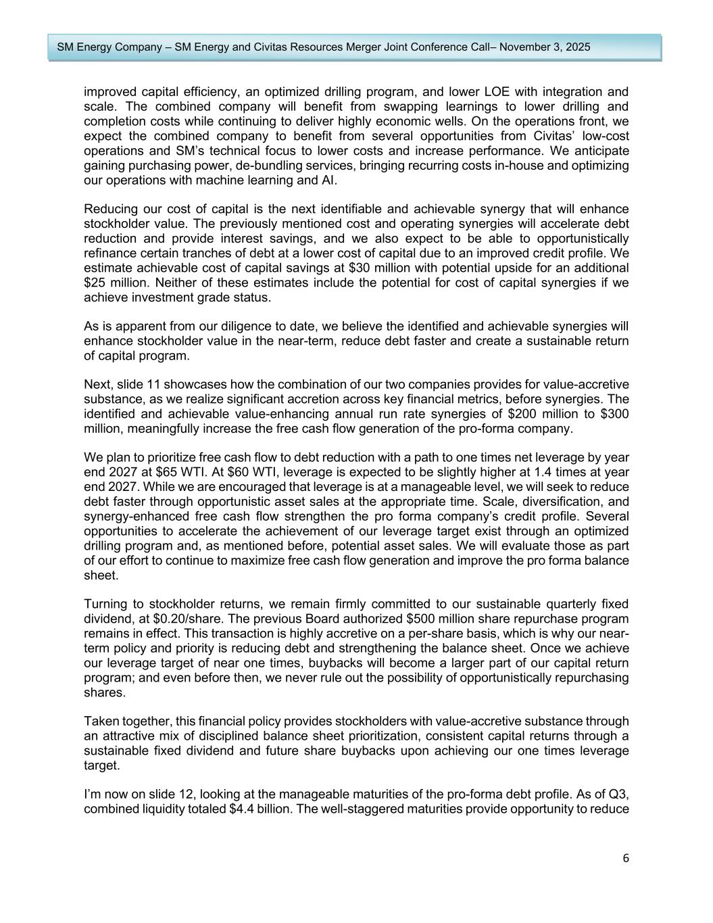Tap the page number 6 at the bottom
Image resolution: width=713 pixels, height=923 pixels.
(626, 858)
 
